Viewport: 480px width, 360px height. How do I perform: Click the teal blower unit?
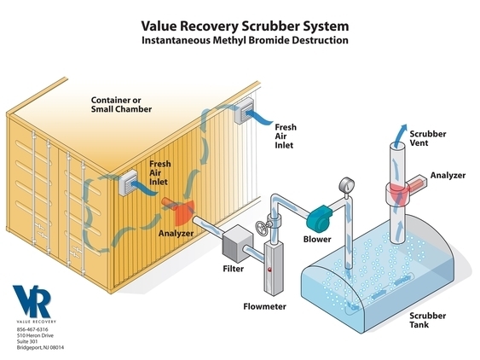pos(319,218)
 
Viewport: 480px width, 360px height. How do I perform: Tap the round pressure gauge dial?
pos(346,185)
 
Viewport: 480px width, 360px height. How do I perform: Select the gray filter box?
pos(238,244)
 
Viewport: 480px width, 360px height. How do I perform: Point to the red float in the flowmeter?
pos(269,270)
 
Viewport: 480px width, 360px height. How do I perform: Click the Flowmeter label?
pos(265,306)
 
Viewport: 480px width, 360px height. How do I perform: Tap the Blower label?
pos(317,239)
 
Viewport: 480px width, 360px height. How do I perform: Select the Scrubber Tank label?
pos(428,320)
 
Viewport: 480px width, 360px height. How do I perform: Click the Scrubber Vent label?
pos(428,138)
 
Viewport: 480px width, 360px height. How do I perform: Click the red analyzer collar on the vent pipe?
pos(398,194)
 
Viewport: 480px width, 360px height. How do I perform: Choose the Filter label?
pos(234,269)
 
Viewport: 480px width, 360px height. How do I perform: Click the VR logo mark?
pos(32,301)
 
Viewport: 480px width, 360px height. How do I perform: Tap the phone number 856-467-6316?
pos(32,329)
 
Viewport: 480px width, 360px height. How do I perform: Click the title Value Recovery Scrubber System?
pos(245,26)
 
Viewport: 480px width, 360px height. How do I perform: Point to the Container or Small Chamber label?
pos(121,104)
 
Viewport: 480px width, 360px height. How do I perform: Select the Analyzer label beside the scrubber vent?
pos(448,175)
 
